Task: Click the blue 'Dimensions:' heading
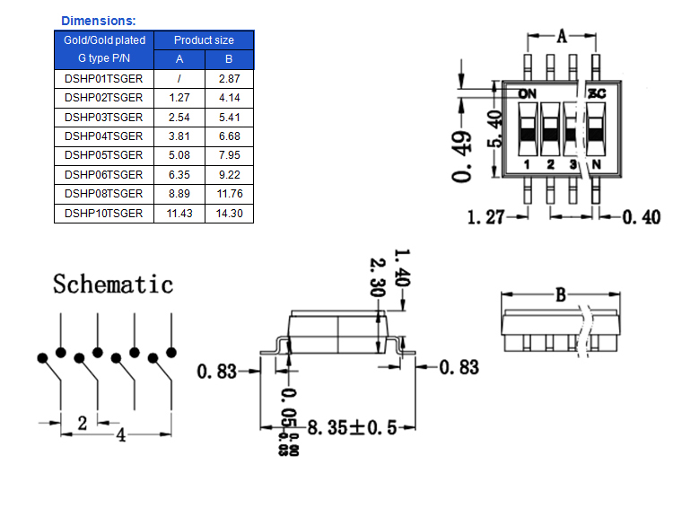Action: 99,20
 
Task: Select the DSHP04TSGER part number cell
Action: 103,136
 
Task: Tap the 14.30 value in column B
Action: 229,214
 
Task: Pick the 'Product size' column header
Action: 204,40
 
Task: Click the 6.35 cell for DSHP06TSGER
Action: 179,175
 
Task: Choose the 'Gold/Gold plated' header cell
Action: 104,40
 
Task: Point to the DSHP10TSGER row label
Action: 103,214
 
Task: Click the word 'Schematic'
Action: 113,285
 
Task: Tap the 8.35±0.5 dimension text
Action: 351,428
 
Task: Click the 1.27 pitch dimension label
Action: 486,216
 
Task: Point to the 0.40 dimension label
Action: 641,216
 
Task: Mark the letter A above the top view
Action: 563,36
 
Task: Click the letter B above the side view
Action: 560,294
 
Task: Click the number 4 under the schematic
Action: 119,434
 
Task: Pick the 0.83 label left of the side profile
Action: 218,370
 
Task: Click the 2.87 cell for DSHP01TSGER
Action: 229,79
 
